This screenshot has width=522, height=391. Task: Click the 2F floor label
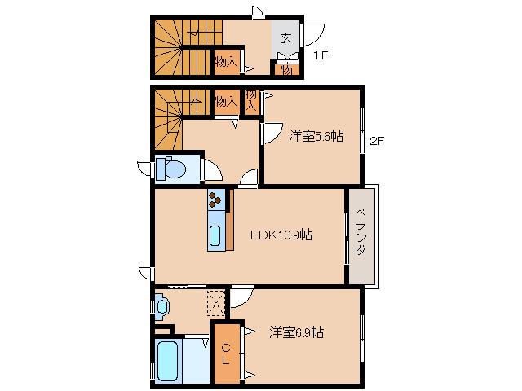[x=376, y=140]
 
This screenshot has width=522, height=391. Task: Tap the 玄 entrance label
[x=285, y=37]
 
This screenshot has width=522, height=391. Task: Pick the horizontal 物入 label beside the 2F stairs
[x=226, y=102]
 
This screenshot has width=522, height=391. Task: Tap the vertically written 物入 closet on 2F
[x=251, y=100]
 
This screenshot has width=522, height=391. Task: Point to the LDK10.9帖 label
[x=281, y=235]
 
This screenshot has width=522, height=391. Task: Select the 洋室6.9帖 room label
[x=297, y=332]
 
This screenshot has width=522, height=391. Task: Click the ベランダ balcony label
[x=361, y=236]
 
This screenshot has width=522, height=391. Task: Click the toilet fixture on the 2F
[x=173, y=169]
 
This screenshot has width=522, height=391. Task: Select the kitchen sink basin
[x=215, y=236]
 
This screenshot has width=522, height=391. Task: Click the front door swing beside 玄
[x=314, y=34]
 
